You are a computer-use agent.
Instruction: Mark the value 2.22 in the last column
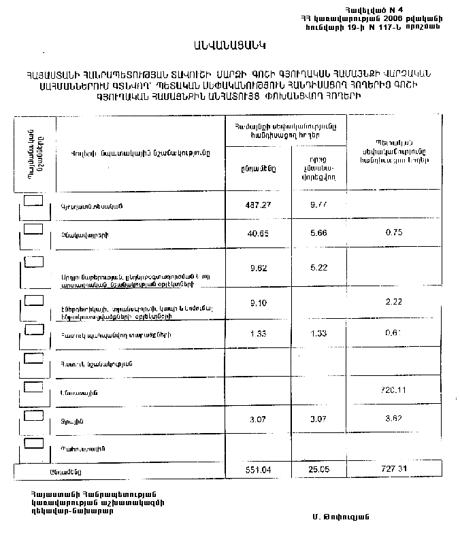coord(396,304)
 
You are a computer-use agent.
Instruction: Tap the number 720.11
coord(396,390)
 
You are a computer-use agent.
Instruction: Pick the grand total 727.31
coord(396,469)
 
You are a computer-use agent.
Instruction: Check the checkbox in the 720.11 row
coord(33,386)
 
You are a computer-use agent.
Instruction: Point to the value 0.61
coord(396,332)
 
